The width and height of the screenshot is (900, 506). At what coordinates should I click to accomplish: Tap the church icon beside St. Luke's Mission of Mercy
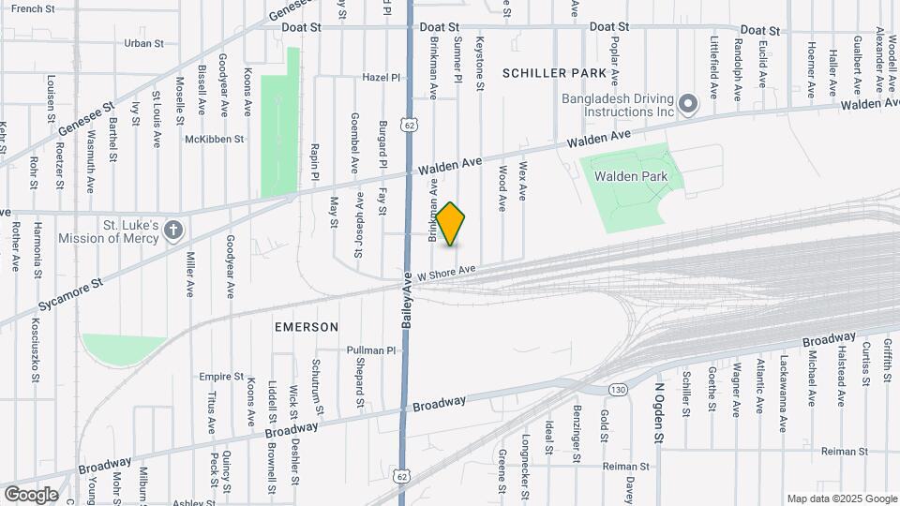coord(172,231)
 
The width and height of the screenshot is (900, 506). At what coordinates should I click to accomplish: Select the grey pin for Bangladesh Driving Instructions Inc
coord(689,103)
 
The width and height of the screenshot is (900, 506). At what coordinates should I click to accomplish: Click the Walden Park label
coord(630,176)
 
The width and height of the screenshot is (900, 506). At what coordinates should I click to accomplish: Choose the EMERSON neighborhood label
coord(306,327)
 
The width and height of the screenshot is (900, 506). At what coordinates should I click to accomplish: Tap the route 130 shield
coord(617,389)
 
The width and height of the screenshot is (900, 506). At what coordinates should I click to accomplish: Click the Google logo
coord(30,494)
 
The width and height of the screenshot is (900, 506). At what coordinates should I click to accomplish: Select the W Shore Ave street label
coord(447,272)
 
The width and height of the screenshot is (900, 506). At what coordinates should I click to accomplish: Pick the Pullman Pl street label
coord(372,350)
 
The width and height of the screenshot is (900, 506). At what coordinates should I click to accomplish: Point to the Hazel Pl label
coord(382,78)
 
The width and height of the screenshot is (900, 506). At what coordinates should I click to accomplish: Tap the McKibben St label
coord(215,139)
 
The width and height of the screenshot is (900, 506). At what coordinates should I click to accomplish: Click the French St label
coord(34,8)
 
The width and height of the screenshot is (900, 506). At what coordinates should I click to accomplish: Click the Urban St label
coord(143,43)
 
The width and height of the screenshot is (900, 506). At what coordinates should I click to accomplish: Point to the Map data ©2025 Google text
coord(841,499)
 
